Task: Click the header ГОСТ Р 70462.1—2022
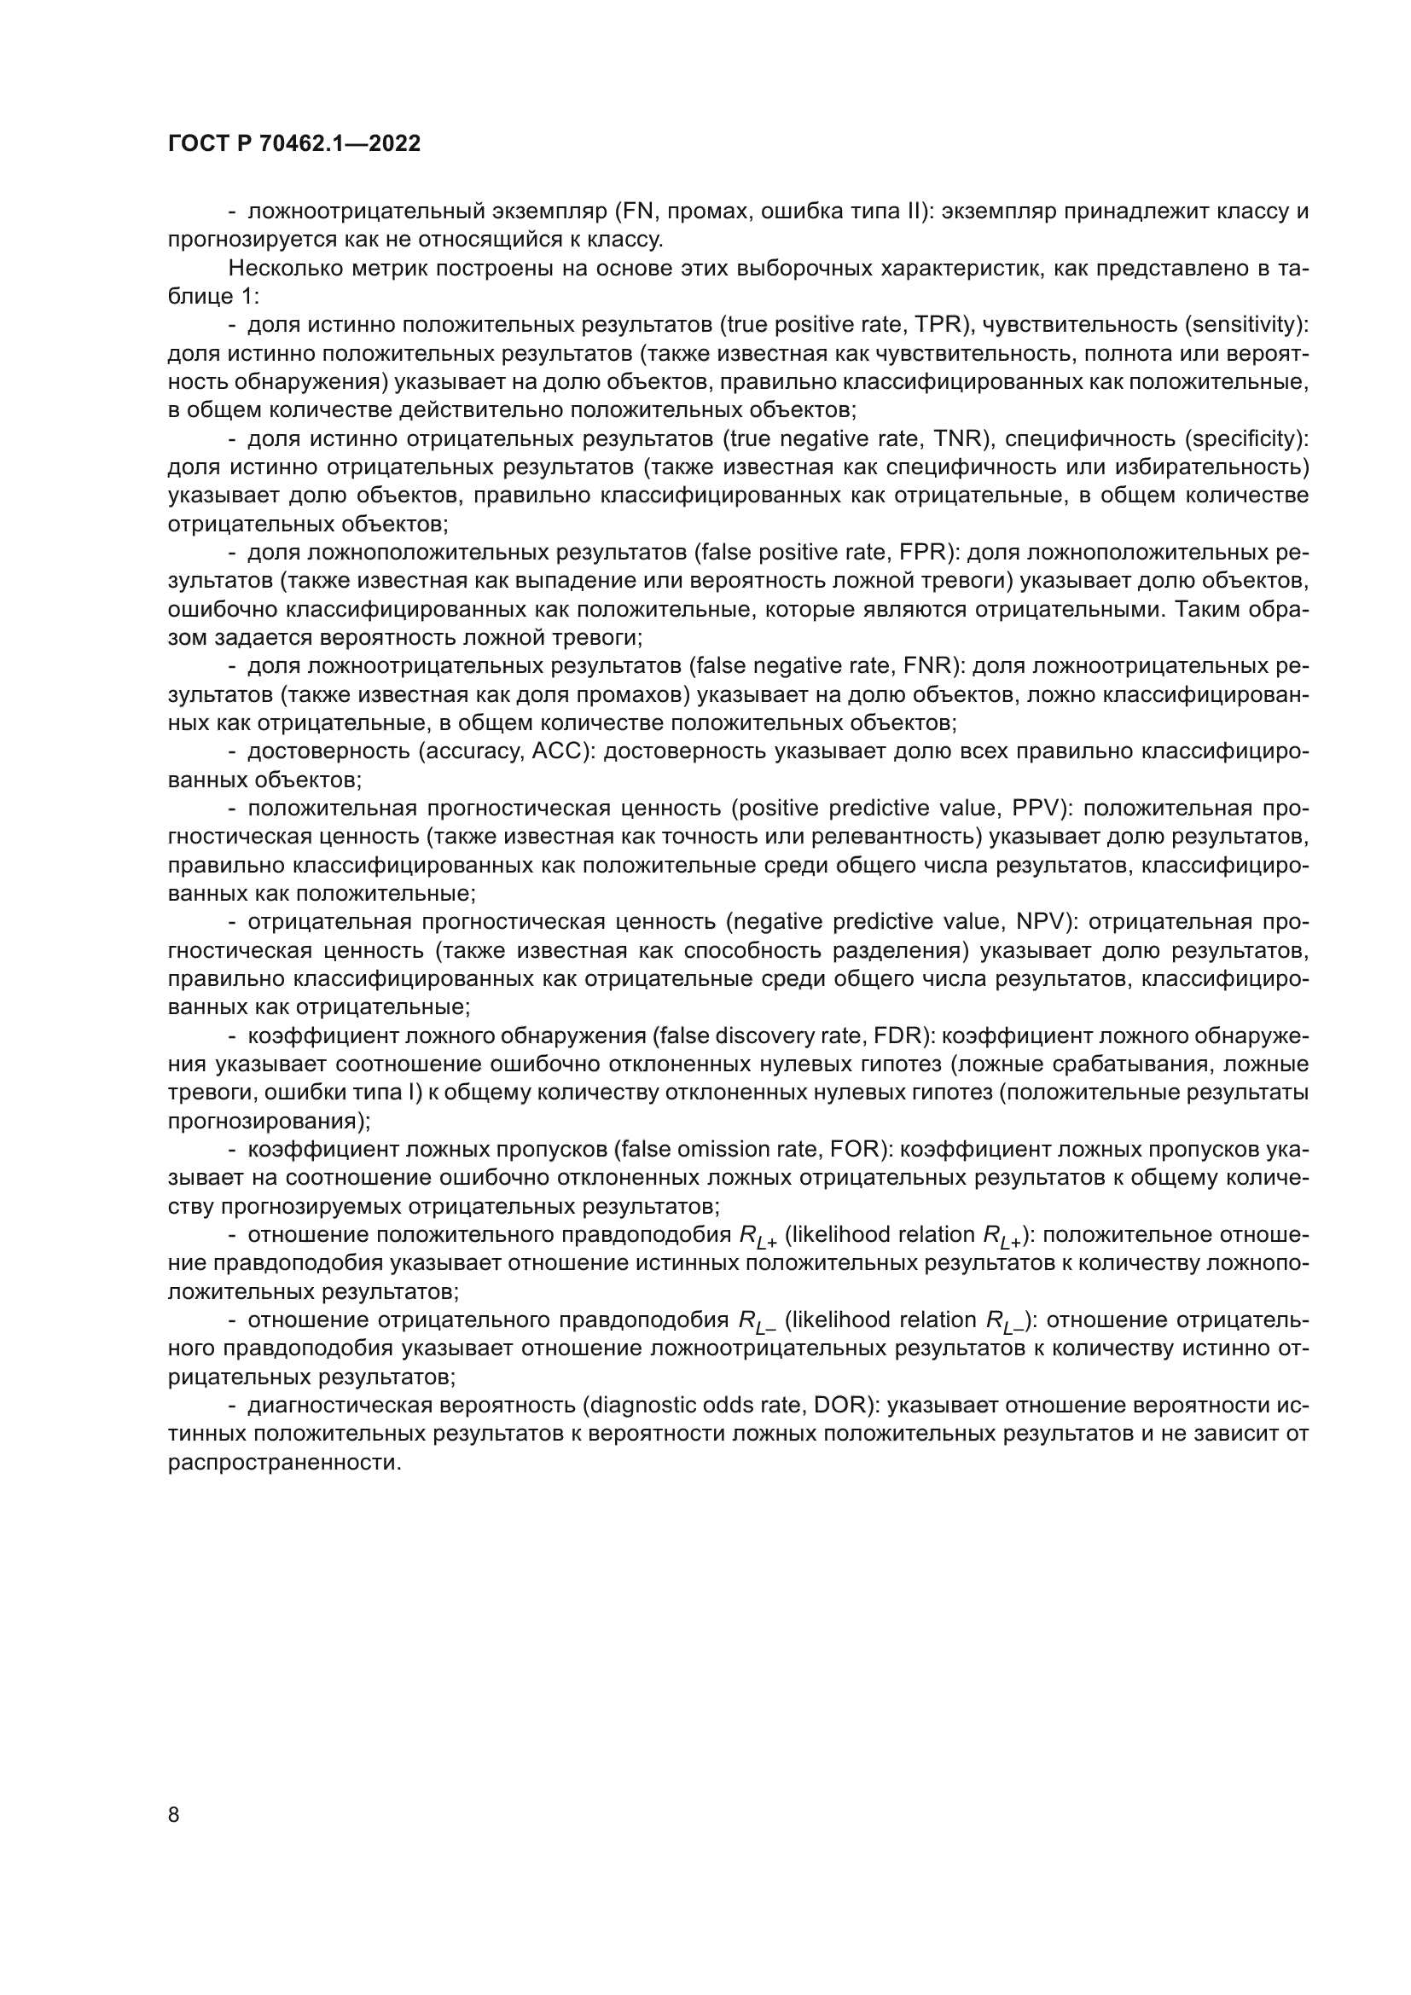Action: tap(293, 144)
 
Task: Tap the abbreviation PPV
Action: tap(1037, 809)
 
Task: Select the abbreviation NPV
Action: tap(1042, 922)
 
